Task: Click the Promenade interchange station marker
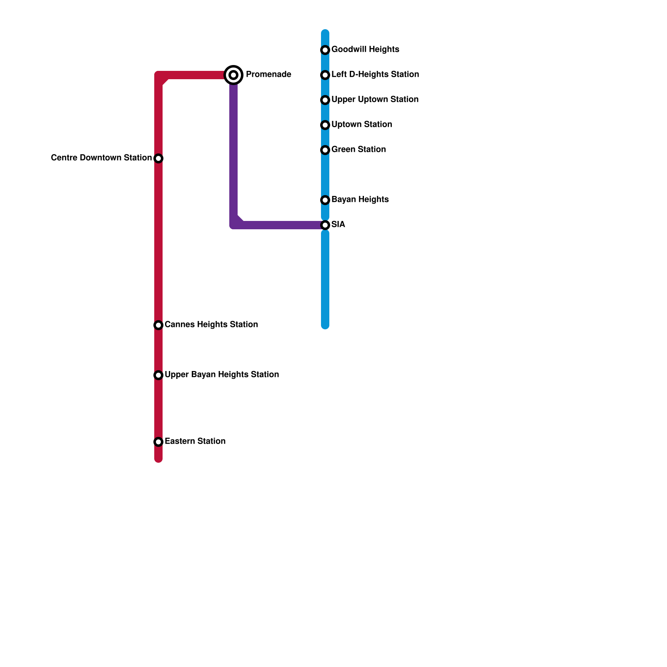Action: pos(233,75)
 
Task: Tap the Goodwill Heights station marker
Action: pos(325,50)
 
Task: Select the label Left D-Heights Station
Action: pos(375,75)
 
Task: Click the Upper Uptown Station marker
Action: pos(325,100)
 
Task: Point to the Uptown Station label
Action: pos(361,125)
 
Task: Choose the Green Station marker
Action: pos(325,150)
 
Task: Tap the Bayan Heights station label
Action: pos(360,200)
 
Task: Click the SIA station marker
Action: pos(325,225)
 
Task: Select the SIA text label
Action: pos(338,225)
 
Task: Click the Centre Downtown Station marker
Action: pos(158,158)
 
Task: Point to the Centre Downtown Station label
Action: pos(101,158)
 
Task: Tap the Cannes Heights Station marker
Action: pos(158,325)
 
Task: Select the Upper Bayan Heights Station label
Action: pos(221,375)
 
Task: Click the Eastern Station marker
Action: pos(158,442)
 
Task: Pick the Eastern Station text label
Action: pos(195,441)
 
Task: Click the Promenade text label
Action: pos(268,75)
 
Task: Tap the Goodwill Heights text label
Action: pos(365,50)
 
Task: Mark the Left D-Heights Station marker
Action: pos(325,75)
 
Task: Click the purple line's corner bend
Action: pos(234,224)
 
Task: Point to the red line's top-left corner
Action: pos(159,76)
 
